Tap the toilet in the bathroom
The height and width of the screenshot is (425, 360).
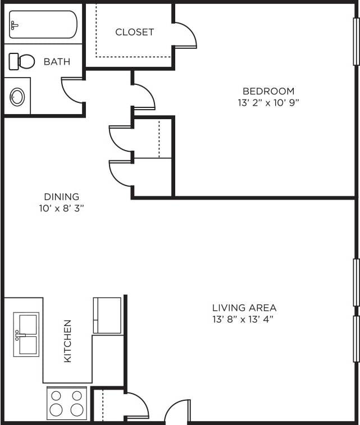click(21, 61)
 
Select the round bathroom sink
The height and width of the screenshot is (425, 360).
click(17, 97)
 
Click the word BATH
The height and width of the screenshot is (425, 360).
click(57, 61)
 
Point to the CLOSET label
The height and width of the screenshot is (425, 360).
click(134, 32)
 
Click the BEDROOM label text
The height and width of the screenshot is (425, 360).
click(268, 91)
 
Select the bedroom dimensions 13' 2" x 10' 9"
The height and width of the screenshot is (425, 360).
click(268, 103)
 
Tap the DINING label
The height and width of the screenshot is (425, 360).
click(62, 197)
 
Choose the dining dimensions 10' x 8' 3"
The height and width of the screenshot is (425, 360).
click(62, 209)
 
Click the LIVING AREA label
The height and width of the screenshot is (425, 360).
click(244, 308)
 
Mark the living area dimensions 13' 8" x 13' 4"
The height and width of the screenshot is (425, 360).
click(244, 320)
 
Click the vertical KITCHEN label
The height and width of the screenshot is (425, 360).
click(67, 341)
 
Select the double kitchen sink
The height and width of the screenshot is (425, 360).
click(26, 334)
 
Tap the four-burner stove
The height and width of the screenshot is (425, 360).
click(66, 403)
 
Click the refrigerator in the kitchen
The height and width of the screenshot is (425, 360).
click(107, 315)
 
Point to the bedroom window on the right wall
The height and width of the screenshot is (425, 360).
click(356, 42)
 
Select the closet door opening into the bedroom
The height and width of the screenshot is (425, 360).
click(184, 35)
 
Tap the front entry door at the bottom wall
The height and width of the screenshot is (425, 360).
click(177, 413)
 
